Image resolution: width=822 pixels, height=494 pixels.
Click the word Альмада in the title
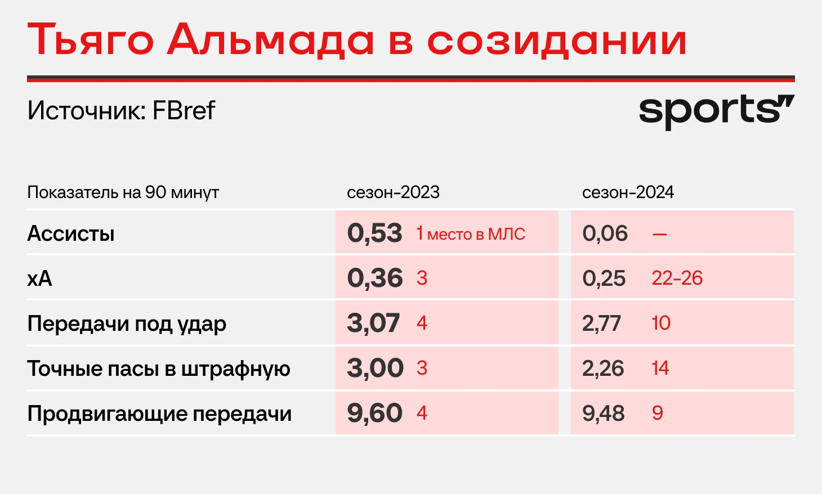point(271,39)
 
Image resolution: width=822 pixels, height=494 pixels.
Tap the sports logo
point(717,112)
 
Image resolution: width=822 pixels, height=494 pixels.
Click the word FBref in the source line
point(184,110)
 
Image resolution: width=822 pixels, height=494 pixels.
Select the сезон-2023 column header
point(393,192)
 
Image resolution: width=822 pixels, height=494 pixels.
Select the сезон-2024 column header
point(628,192)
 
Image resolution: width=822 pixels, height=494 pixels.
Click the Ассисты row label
point(71,233)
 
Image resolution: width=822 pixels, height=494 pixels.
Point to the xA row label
point(39,279)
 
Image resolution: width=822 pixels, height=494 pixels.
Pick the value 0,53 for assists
point(374,233)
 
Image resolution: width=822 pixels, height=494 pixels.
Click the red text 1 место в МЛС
point(471,233)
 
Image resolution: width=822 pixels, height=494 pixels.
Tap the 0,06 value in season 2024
point(605,233)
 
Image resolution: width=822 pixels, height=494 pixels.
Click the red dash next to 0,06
point(659,234)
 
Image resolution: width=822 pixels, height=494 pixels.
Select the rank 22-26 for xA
point(677,279)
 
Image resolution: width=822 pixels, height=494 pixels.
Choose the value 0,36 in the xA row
point(374,279)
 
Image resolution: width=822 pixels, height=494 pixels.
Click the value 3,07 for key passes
point(373,324)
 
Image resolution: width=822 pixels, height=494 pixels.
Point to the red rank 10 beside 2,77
point(661,323)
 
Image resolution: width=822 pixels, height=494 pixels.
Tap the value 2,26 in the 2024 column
point(603,369)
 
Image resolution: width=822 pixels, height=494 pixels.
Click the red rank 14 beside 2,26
point(660,368)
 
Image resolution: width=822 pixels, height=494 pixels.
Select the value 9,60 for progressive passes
point(374,414)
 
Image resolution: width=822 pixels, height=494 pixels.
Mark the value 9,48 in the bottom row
point(604,414)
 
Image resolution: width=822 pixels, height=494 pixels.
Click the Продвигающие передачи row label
point(159,414)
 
